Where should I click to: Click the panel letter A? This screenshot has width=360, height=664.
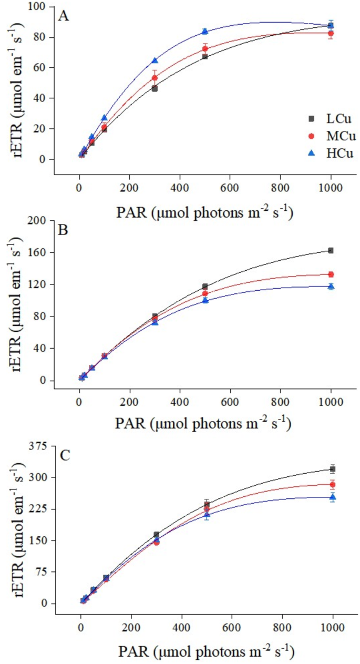coord(64,16)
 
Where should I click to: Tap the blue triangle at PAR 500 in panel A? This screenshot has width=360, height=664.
coord(205,31)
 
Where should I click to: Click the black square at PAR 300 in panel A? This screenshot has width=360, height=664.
coord(155,88)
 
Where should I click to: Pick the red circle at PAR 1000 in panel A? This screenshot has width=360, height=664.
coord(331,33)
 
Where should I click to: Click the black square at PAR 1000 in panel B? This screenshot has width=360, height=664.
coord(331,250)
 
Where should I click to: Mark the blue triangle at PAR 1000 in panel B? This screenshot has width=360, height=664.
coord(331,286)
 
